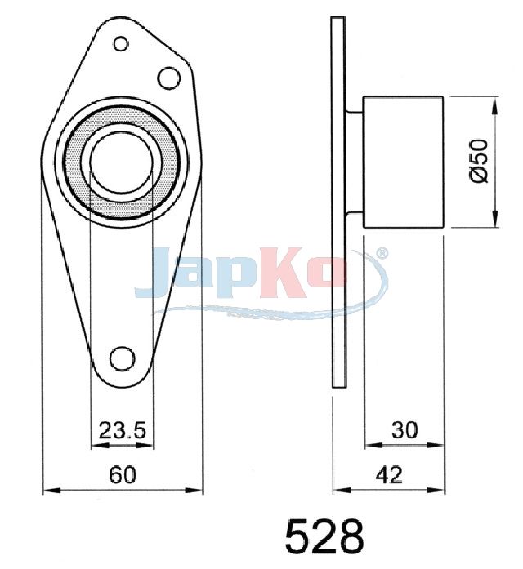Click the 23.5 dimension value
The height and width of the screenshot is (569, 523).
[x=123, y=430]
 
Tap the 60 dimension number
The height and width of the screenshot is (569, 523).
[x=123, y=474]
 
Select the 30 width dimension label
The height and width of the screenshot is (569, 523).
[x=405, y=430]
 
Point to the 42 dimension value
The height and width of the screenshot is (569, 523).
[x=389, y=474]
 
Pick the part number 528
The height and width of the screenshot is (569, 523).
[x=324, y=536]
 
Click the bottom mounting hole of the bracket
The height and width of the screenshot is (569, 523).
[x=123, y=358]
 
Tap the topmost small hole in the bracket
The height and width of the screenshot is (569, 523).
[x=121, y=44]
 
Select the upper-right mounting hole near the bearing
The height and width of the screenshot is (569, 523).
[x=169, y=78]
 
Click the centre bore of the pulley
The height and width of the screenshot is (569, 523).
[x=121, y=162]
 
